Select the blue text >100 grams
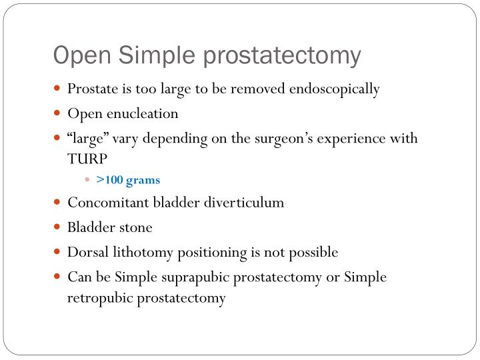pos(128,180)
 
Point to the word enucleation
pos(146,113)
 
